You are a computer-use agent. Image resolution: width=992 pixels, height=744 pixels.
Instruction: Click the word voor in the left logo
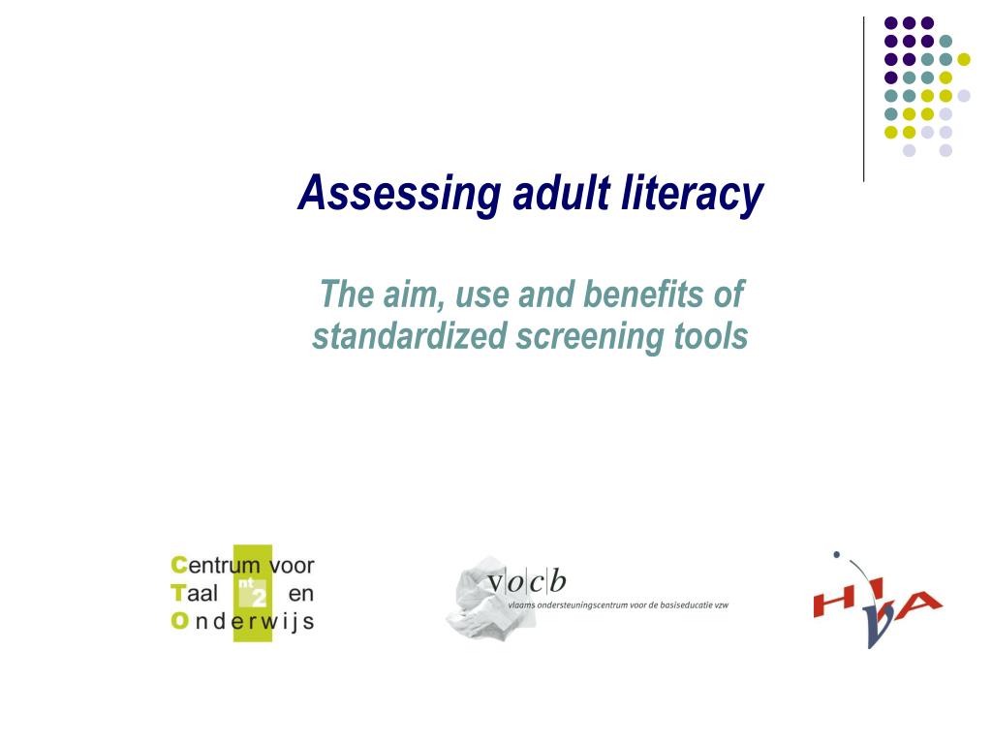[292, 565]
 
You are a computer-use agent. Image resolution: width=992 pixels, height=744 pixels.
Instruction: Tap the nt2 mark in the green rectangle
[251, 592]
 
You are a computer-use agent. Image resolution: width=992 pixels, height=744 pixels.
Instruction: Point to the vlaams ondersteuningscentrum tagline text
[618, 604]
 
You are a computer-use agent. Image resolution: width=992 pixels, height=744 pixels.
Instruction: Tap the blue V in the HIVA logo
[876, 627]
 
